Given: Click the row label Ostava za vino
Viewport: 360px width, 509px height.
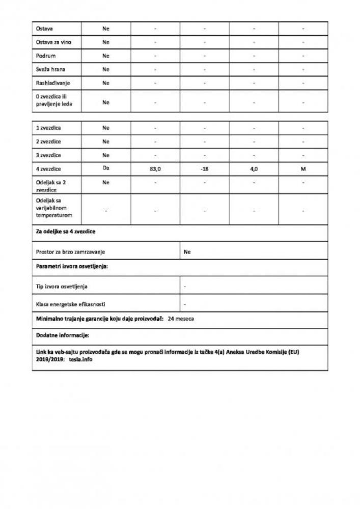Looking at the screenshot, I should pos(50,42).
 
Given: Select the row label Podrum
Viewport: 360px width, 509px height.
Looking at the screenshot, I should pos(45,55).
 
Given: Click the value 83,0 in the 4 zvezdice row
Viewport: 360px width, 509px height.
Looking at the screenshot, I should pos(155,169).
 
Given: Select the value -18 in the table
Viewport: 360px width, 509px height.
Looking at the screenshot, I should pos(204,169).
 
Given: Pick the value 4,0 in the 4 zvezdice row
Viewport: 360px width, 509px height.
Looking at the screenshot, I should pos(253,169).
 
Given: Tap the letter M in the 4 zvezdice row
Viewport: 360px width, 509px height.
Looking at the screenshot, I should pos(303,169).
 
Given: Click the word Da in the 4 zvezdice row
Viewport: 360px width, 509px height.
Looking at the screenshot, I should pos(106,168).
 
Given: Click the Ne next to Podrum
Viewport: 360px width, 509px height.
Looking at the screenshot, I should pos(106,55).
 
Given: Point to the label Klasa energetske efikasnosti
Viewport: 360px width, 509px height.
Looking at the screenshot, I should pos(71,304).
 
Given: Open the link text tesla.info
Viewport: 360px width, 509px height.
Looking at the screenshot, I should pos(81,359).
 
